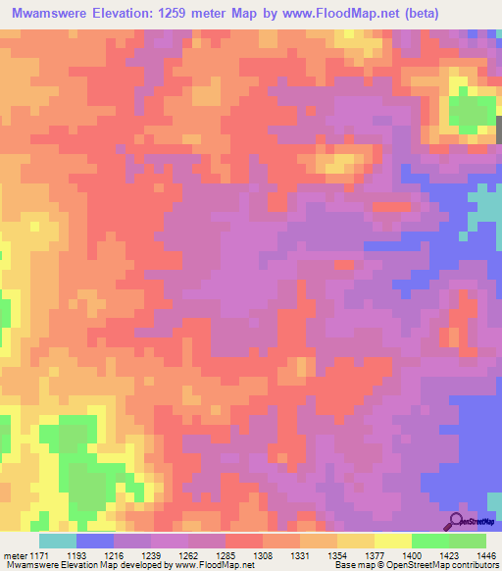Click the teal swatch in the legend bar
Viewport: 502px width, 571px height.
click(x=58, y=541)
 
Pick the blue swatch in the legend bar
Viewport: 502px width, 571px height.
click(x=95, y=541)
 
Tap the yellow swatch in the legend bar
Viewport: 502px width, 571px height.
click(x=393, y=541)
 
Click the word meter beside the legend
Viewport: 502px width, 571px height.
click(x=15, y=554)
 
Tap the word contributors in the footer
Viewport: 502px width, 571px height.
click(x=475, y=565)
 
